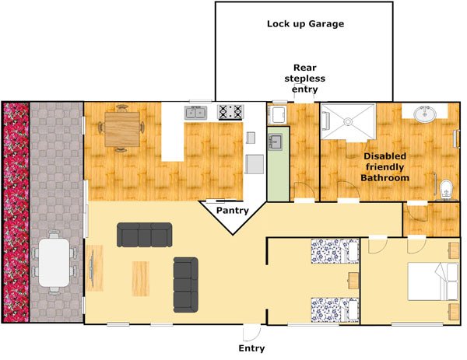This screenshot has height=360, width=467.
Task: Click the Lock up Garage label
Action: (305, 24)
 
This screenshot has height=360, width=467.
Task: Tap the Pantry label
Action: (232, 210)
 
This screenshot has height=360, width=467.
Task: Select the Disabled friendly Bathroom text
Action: (385, 166)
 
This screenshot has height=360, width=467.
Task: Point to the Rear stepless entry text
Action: (304, 79)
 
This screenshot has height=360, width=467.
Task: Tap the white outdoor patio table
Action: (54, 260)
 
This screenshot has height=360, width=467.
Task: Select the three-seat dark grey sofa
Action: (144, 234)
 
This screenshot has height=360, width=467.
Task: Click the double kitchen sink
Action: (195, 113)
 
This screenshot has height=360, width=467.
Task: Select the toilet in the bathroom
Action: (445, 187)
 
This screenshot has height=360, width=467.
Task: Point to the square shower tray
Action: (348, 121)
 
